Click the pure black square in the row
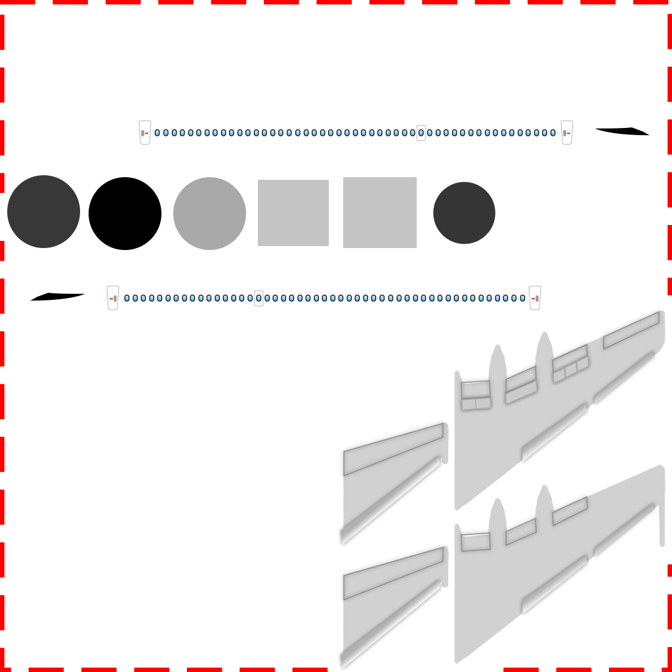pyautogui.click(x=125, y=213)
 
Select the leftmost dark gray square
pyautogui.click(x=43, y=211)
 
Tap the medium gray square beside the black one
pyautogui.click(x=209, y=213)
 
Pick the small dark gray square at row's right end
pyautogui.click(x=464, y=213)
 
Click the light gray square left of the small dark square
pyautogui.click(x=379, y=213)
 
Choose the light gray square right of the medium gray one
pyautogui.click(x=293, y=213)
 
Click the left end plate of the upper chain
pyautogui.click(x=145, y=133)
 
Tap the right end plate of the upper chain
pyautogui.click(x=567, y=133)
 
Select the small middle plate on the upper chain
pyautogui.click(x=421, y=133)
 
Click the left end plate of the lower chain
pyautogui.click(x=113, y=298)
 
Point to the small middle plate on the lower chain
pyautogui.click(x=259, y=298)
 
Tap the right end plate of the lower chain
pyautogui.click(x=535, y=297)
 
